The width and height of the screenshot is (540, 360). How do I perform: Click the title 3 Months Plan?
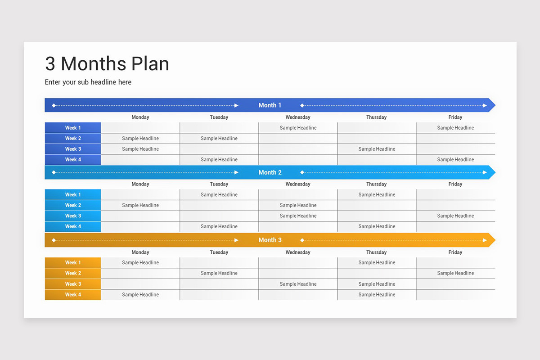pyautogui.click(x=107, y=64)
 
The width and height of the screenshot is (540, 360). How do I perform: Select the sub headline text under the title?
pyautogui.click(x=88, y=82)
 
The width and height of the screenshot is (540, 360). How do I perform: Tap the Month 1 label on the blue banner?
pyautogui.click(x=270, y=105)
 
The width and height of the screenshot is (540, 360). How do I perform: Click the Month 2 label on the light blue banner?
pyautogui.click(x=270, y=172)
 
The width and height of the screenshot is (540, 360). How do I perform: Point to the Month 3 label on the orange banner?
pyautogui.click(x=270, y=240)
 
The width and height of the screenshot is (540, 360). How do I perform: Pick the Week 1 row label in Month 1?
pyautogui.click(x=73, y=128)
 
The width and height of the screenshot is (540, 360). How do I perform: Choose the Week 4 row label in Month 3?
pyautogui.click(x=73, y=295)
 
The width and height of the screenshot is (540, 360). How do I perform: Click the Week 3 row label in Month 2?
pyautogui.click(x=73, y=216)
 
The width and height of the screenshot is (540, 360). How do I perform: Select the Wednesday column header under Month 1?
pyautogui.click(x=298, y=117)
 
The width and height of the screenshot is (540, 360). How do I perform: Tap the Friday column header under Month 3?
pyautogui.click(x=455, y=252)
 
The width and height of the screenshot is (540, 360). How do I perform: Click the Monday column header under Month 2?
pyautogui.click(x=140, y=184)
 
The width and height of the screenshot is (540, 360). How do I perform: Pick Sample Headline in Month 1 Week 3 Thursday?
pyautogui.click(x=377, y=149)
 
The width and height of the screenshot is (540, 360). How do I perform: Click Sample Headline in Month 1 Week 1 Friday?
pyautogui.click(x=455, y=128)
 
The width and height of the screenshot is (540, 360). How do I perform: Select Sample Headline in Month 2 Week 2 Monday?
pyautogui.click(x=140, y=205)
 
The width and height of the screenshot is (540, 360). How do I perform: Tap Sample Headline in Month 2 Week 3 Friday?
pyautogui.click(x=455, y=216)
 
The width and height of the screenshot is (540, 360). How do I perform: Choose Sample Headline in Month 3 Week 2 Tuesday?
pyautogui.click(x=219, y=273)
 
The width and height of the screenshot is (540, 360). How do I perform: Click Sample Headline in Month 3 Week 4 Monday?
pyautogui.click(x=140, y=295)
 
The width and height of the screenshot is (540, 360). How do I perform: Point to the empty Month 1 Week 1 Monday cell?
pyautogui.click(x=140, y=128)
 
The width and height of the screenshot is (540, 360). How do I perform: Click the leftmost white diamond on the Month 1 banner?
pyautogui.click(x=54, y=105)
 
